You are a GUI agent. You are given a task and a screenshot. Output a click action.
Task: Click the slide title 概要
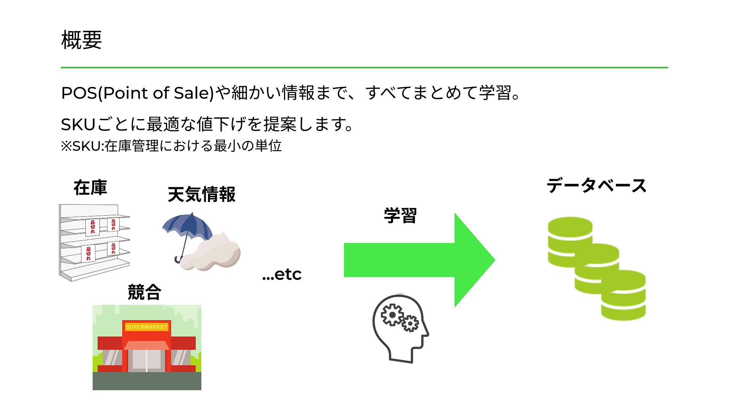[x=82, y=40]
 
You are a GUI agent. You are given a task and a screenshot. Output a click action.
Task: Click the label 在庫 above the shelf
[x=90, y=188]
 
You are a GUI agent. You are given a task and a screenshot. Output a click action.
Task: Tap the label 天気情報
[x=202, y=194]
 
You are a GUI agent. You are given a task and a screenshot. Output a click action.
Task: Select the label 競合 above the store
[x=145, y=292]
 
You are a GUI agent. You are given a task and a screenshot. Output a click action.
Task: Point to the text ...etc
[x=282, y=274]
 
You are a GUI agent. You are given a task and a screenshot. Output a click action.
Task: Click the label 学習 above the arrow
[x=400, y=215]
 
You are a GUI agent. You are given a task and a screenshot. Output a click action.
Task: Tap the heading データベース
[x=596, y=186]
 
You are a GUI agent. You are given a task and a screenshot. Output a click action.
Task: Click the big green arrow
[x=419, y=260]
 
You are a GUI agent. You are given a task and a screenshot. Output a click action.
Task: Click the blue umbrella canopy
[x=188, y=227]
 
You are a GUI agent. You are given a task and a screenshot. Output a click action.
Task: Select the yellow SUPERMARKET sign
[x=147, y=327]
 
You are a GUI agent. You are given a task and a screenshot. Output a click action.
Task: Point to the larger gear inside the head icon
[x=392, y=315]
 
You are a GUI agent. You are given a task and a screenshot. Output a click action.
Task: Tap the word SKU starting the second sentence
[x=78, y=124]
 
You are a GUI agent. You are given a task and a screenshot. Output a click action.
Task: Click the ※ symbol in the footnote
[x=66, y=146]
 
